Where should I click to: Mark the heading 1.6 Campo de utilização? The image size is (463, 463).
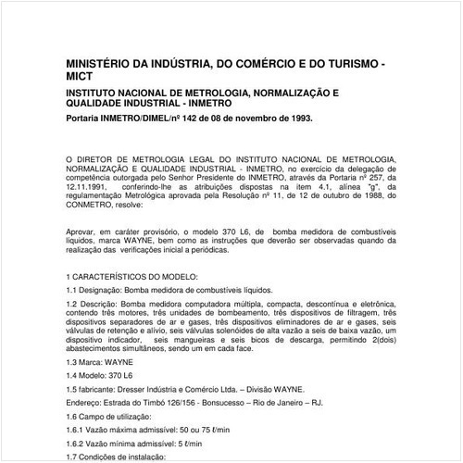[x=115, y=416]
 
